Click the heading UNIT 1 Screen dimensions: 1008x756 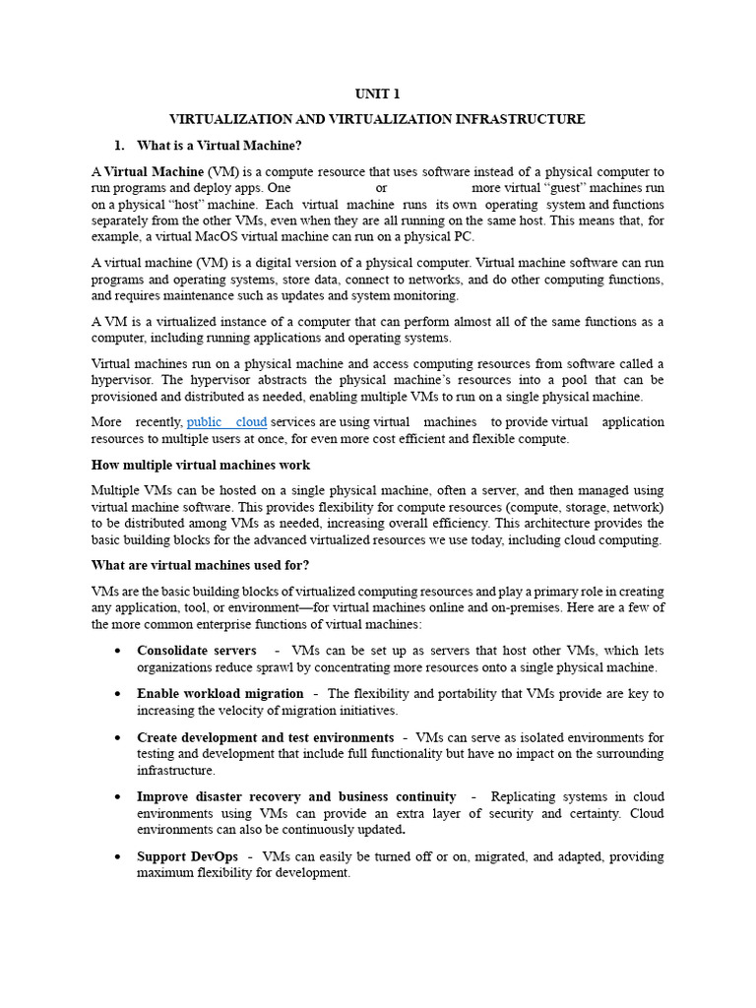coord(377,94)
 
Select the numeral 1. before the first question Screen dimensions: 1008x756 coord(121,146)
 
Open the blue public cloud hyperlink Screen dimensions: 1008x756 coord(226,421)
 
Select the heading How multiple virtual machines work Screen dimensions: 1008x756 coord(201,465)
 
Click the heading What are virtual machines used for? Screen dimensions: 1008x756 coord(200,565)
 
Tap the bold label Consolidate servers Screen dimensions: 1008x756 coord(197,651)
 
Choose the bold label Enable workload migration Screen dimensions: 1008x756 coord(220,694)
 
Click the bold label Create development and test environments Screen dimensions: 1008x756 coord(266,737)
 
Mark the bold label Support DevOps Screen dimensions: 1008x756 coord(188,856)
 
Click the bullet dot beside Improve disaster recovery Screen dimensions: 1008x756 coord(118,797)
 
